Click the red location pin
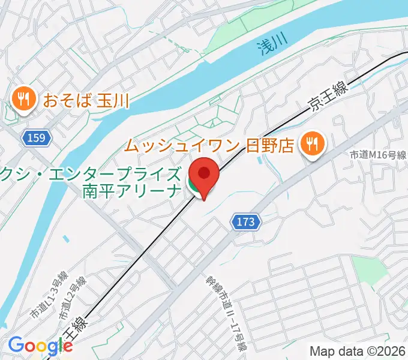coord(204,173)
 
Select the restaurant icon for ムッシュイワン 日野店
coord(312,144)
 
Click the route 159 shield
coord(35,139)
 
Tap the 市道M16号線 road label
coord(379,155)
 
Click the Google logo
coord(40,346)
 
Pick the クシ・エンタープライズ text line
coord(90,175)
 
